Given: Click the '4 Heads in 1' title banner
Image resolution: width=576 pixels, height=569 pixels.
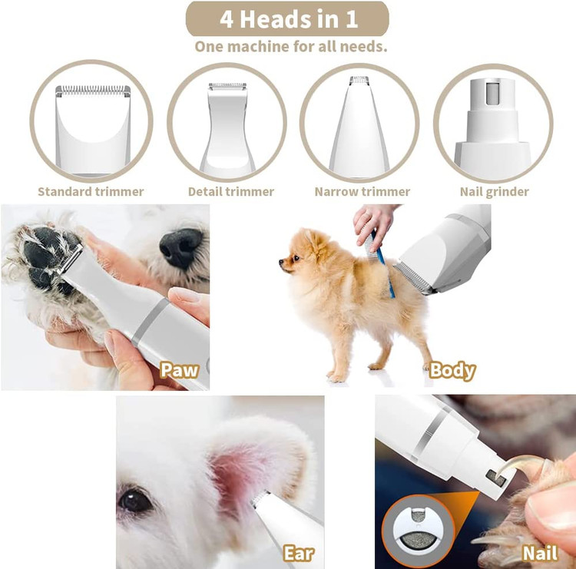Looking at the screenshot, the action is pos(287,18).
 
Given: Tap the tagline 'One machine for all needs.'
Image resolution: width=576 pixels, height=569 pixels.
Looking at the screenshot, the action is pos(290,47).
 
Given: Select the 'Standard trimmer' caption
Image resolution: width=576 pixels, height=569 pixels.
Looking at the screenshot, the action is pos(91,192).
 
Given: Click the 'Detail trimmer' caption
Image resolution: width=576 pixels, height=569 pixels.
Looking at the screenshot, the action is pos(231,192).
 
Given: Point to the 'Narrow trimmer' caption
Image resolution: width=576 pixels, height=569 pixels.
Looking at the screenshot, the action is pos(362,192).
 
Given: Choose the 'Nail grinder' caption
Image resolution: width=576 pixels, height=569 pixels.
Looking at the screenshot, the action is pos(495,192).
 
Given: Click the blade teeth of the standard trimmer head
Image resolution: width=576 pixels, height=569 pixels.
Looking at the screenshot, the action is pos(93,89).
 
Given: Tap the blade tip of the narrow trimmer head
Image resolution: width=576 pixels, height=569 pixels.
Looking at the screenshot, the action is pos(359,80).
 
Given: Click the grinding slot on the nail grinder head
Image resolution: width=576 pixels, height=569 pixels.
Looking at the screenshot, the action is pos(492,93).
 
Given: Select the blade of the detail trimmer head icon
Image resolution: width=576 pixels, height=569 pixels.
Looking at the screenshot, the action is pos(227,86).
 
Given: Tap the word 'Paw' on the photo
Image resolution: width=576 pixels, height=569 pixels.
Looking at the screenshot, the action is pos(179,370).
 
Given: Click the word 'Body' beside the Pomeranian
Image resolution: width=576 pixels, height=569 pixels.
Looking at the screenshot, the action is pos(452,371).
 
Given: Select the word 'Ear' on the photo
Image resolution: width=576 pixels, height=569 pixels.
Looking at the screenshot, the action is pos(299,553).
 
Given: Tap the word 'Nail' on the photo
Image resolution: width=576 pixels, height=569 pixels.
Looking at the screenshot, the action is pos(540,553).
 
